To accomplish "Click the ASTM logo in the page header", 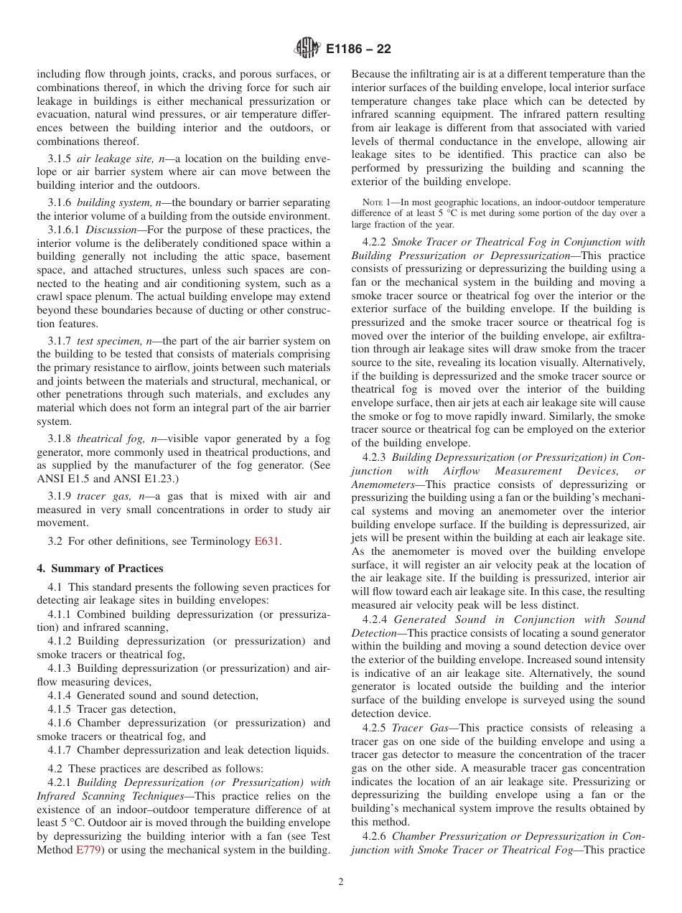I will point(307,49).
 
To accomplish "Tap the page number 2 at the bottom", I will point(341,882).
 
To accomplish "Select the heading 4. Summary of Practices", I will point(100,568).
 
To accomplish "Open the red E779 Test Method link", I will point(88,851).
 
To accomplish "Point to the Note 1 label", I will point(375,202).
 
